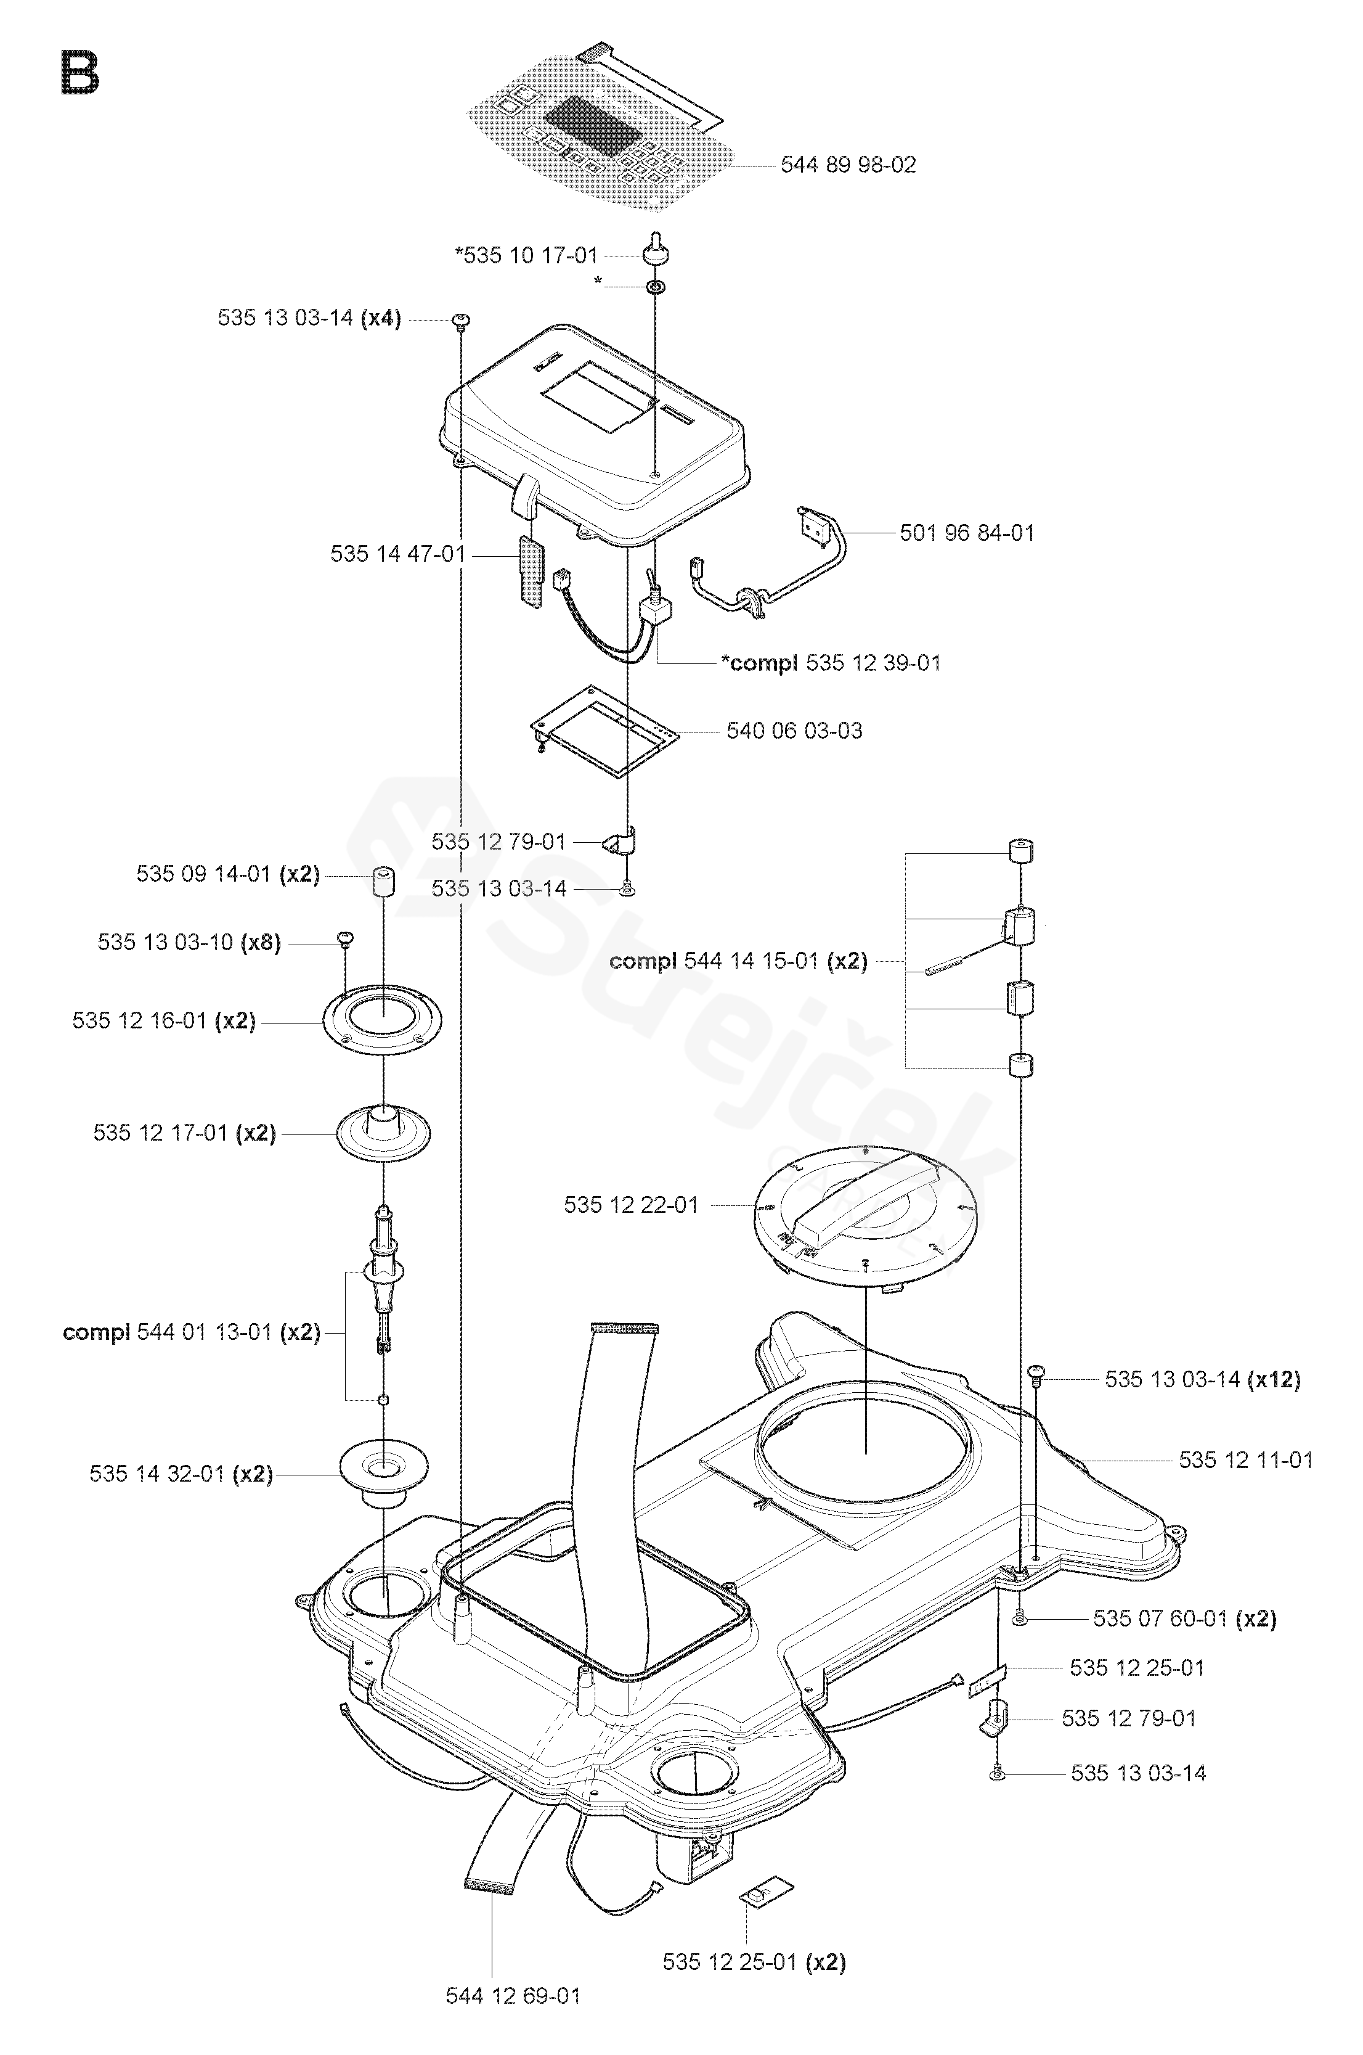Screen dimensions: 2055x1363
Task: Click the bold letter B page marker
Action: (x=80, y=74)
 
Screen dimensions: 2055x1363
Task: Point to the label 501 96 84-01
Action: (x=967, y=533)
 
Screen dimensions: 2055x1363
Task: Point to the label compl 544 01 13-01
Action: (x=191, y=1332)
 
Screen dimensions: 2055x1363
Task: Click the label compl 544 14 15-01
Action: (x=738, y=961)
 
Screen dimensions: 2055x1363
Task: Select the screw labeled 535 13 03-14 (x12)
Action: (x=1035, y=1373)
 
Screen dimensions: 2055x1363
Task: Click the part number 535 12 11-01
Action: (x=1245, y=1460)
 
